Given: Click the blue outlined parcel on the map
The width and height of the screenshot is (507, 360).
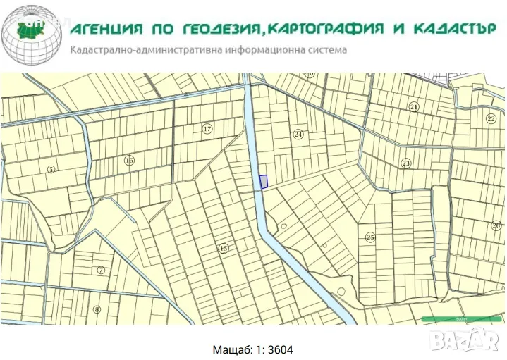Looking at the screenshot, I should coord(264,182).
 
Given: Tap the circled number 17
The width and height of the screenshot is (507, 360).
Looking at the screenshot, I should coord(207,128).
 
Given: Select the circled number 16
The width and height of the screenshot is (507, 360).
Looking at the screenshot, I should coord(129,161).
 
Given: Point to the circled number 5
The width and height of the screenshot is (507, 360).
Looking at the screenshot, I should coord(51,169).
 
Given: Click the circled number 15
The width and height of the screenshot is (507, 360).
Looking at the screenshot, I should coord(224,248).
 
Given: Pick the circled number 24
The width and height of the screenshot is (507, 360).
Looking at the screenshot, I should coord(298,134).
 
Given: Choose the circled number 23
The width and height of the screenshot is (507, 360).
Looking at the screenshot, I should coord(405,163).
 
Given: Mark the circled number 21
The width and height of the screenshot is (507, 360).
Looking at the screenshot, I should coord(414,106).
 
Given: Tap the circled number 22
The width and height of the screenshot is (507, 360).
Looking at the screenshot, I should coord(491,118).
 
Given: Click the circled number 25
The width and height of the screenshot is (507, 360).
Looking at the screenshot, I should coord(370,237).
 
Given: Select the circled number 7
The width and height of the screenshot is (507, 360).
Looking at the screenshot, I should coord(101,270).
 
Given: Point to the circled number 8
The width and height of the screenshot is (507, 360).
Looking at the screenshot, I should coord(97,309).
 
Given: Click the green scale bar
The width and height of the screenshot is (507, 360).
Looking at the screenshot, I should coord(461,319).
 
